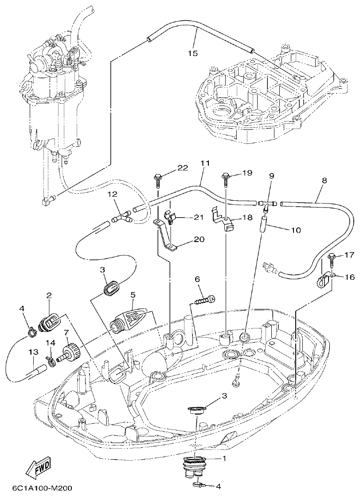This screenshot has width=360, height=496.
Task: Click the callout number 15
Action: [x=192, y=53]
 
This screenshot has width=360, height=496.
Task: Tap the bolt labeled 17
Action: [x=332, y=257]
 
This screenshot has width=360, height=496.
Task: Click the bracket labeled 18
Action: [x=225, y=220]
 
